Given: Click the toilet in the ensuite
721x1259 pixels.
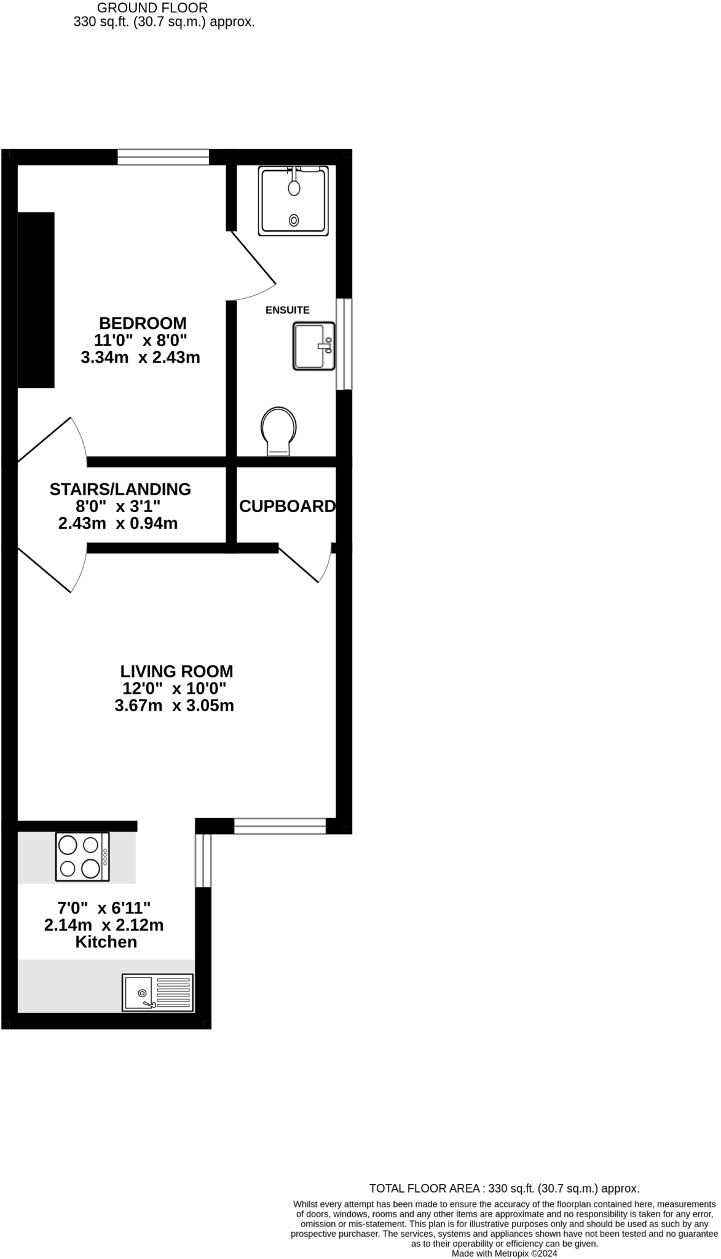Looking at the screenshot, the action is pos(278,431).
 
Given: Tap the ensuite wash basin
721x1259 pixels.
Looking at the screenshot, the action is pos(314,346).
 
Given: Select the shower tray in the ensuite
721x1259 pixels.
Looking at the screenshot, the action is pos(293,200).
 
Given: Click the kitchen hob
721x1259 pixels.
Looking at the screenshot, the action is pos(82,856).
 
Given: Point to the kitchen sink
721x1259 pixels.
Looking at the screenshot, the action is pos(158,992).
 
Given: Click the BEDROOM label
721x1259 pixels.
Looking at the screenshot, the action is pos(143,323).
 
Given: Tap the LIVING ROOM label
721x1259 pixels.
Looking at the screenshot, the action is pos(177,671).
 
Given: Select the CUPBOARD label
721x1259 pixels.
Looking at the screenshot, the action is pos(287,506).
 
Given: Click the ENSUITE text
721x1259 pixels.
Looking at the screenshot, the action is pos(287,310).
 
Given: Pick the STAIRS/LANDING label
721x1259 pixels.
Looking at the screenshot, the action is pos(120,489).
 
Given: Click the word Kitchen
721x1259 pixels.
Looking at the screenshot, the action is pos(106,942).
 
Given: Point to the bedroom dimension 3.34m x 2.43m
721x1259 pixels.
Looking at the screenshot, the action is pos(140,357).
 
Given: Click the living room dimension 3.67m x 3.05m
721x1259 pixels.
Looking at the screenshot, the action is pos(175,705).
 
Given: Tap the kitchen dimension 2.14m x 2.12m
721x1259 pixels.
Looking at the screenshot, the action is pos(104,925).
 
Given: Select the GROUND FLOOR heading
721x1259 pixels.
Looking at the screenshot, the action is pos(152,8).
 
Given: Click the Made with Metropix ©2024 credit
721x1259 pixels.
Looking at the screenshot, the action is pos(504,1253).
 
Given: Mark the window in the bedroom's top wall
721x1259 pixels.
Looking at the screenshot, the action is pos(164,157).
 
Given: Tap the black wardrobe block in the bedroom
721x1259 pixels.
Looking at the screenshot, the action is pos(36,300).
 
